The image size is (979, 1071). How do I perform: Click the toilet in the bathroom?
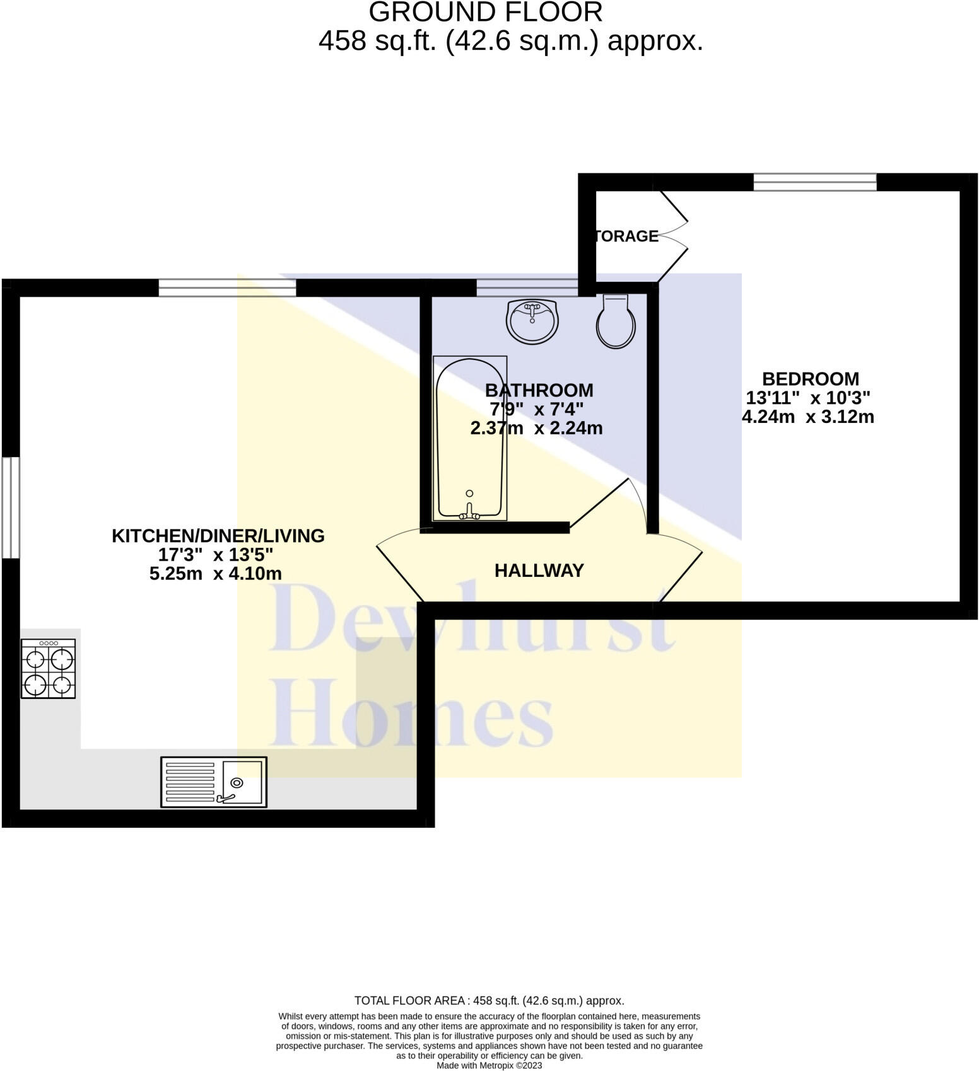[x=616, y=321]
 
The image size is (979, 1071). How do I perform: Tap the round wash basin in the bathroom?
[x=532, y=321]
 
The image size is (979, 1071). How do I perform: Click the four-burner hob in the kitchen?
[x=49, y=669]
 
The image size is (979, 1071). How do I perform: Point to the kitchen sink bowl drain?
[x=237, y=783]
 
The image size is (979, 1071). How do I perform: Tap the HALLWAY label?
[x=539, y=570]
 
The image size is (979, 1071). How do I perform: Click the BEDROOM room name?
[x=811, y=379]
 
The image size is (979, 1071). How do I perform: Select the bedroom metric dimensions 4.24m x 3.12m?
[x=808, y=417]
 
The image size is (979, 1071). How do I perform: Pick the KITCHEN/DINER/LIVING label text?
[x=218, y=536]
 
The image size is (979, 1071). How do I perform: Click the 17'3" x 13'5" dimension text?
[x=216, y=555]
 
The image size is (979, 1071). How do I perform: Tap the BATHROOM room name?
[x=539, y=390]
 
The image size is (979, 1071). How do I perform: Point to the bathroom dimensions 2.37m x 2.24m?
[x=536, y=428]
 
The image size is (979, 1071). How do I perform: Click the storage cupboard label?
[x=626, y=236]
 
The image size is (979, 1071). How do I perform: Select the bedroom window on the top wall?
[x=815, y=182]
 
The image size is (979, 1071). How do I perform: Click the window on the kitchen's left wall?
[x=11, y=507]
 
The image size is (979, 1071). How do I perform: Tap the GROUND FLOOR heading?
[x=486, y=13]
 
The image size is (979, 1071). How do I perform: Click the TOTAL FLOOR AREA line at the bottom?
[x=489, y=1000]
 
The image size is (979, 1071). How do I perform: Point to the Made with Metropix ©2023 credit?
[x=489, y=1065]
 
